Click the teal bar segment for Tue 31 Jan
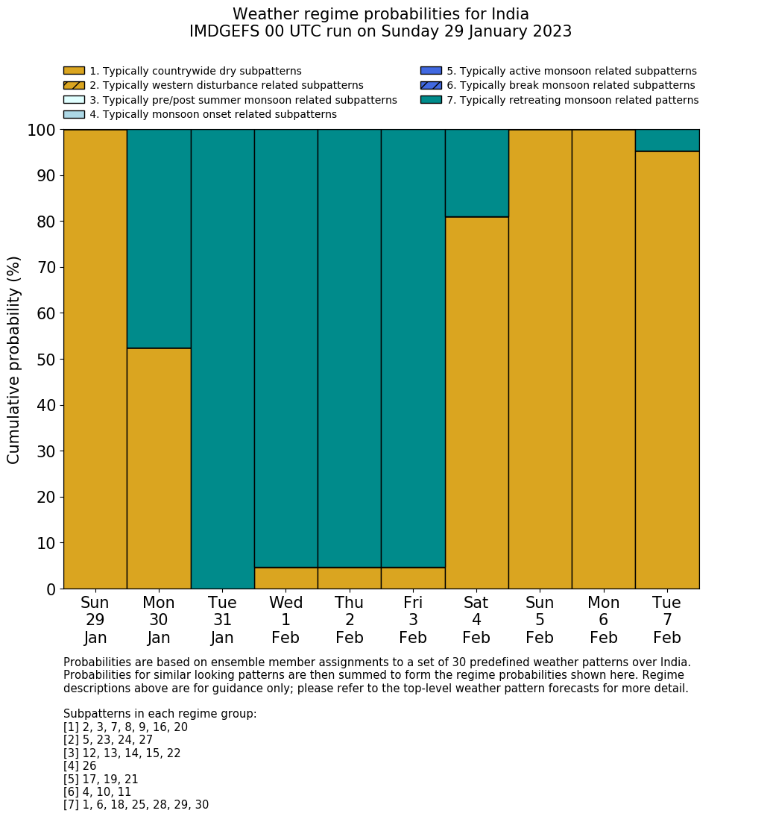222,359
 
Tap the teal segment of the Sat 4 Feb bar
476,173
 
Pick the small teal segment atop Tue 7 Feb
667,140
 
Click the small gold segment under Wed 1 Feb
285,578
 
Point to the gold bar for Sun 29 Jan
95,359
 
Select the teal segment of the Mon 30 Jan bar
159,239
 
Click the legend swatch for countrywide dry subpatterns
74,71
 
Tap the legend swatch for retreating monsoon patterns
431,100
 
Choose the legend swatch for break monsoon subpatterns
431,86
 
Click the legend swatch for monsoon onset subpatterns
74,114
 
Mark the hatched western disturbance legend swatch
74,86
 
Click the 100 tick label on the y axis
41,131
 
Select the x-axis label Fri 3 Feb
413,620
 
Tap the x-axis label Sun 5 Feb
540,620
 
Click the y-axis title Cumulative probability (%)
14,360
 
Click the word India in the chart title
508,14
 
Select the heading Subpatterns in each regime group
160,714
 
